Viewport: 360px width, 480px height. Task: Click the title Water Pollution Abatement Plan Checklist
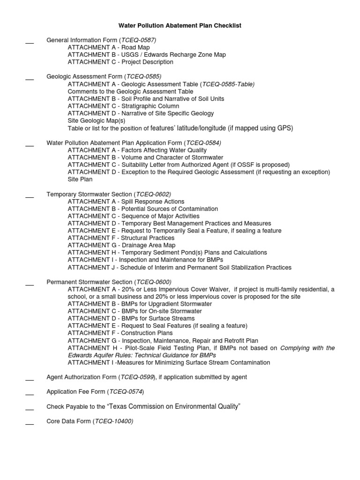tap(180, 25)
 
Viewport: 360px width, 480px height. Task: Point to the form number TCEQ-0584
tap(203, 142)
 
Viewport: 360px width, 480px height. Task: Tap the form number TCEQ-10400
tap(114, 421)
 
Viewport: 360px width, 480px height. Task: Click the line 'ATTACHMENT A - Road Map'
tap(109, 47)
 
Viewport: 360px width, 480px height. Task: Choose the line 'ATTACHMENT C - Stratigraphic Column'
tap(123, 106)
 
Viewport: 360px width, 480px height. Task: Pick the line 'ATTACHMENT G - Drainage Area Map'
tap(121, 245)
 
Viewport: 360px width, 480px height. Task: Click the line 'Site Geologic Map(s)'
tap(96, 120)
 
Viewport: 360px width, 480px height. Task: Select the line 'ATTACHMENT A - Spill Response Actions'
tap(126, 201)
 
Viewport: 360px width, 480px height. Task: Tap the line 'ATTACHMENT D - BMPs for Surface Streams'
tap(131, 318)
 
